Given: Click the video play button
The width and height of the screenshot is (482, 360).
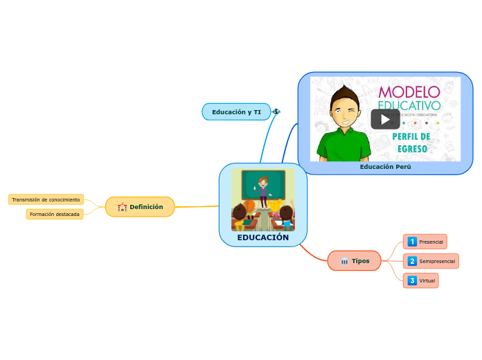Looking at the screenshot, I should click(385, 119).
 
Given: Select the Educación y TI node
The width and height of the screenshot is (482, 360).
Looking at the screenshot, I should click(236, 111).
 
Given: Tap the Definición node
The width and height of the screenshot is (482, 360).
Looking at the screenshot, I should click(140, 206).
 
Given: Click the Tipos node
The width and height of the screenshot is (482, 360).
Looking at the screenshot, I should click(355, 261).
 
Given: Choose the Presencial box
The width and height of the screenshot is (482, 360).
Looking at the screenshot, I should click(425, 242).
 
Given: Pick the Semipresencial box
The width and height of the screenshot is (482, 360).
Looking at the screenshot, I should click(431, 261).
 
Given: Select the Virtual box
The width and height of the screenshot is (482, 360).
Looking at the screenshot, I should click(421, 280).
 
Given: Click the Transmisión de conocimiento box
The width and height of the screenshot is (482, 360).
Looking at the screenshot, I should click(46, 199).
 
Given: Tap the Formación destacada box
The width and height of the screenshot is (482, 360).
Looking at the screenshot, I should click(55, 215).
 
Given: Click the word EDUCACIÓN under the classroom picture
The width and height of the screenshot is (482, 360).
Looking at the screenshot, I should click(263, 237).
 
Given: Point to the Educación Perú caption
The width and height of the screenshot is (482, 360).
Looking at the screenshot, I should click(385, 167).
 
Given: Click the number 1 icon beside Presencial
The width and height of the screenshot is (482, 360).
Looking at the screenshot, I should click(412, 242).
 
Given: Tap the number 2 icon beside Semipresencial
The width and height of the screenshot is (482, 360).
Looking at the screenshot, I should click(412, 261).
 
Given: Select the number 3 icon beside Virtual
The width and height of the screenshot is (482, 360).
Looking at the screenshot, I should click(412, 280).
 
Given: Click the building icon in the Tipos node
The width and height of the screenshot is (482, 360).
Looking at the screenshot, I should click(344, 261).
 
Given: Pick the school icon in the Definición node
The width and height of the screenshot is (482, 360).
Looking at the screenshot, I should click(123, 206).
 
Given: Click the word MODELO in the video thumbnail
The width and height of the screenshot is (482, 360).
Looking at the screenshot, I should click(409, 92).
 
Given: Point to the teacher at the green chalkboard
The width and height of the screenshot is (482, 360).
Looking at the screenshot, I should click(262, 190).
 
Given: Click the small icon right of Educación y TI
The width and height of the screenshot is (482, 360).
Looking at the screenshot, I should click(276, 111).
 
